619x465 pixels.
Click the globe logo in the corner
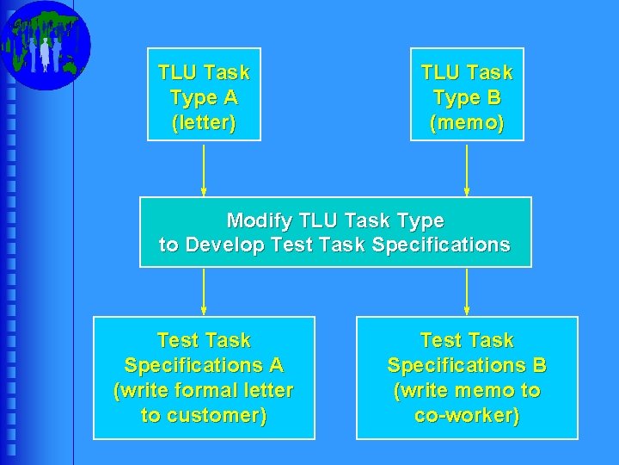[45, 45]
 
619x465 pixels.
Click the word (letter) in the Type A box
[204, 123]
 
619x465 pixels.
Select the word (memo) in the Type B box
[467, 123]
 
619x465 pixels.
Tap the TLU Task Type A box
[204, 94]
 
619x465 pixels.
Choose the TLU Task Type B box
[467, 94]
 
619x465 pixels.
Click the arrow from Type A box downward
[204, 169]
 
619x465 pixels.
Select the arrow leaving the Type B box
[467, 169]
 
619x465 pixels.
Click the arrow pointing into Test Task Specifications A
[204, 291]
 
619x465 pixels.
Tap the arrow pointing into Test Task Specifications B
[467, 291]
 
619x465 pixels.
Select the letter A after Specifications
[275, 365]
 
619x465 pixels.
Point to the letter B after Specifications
[539, 365]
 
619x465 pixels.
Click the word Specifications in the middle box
[441, 245]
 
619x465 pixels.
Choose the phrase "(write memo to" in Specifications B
[467, 391]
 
